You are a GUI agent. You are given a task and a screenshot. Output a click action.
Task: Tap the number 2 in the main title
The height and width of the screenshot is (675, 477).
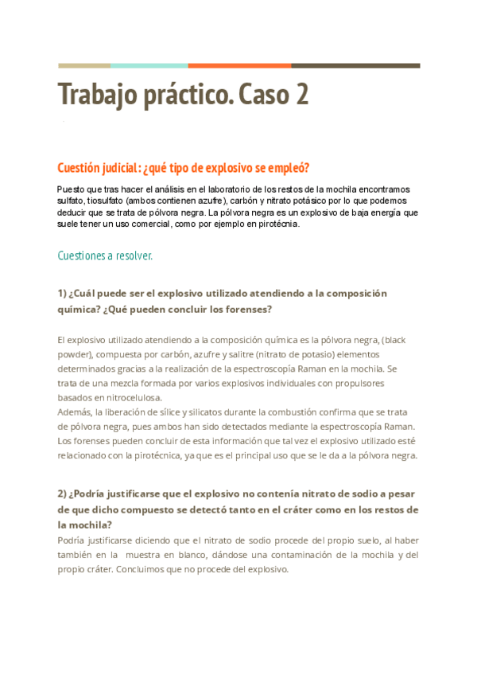pos(300,96)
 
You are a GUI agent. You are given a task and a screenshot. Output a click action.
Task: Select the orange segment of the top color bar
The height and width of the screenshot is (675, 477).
pos(239,65)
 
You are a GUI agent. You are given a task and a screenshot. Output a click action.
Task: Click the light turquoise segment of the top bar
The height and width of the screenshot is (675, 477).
pos(149,65)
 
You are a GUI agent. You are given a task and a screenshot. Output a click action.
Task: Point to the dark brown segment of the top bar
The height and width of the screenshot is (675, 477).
pos(355,65)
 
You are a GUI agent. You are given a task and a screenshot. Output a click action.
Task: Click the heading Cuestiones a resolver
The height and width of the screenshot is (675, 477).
pos(105,256)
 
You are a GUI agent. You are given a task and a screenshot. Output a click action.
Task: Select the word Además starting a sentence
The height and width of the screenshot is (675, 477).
pos(76,412)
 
